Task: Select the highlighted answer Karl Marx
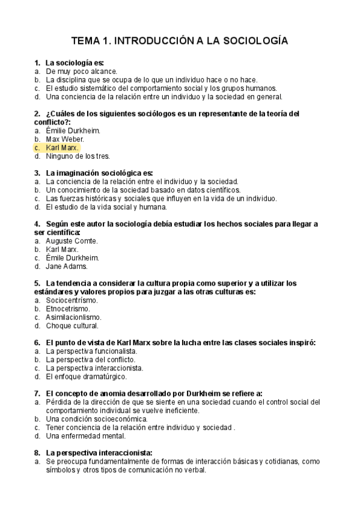[62, 147]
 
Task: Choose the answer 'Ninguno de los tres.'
[78, 156]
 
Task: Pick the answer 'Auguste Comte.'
[72, 241]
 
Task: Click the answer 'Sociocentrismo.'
[72, 300]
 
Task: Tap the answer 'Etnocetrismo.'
[67, 309]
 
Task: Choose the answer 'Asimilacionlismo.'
[73, 317]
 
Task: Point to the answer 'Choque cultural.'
[72, 325]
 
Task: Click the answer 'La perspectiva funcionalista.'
[91, 351]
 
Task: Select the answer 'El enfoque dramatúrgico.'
[86, 376]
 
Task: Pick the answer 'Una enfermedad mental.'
[85, 435]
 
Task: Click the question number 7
[37, 393]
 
